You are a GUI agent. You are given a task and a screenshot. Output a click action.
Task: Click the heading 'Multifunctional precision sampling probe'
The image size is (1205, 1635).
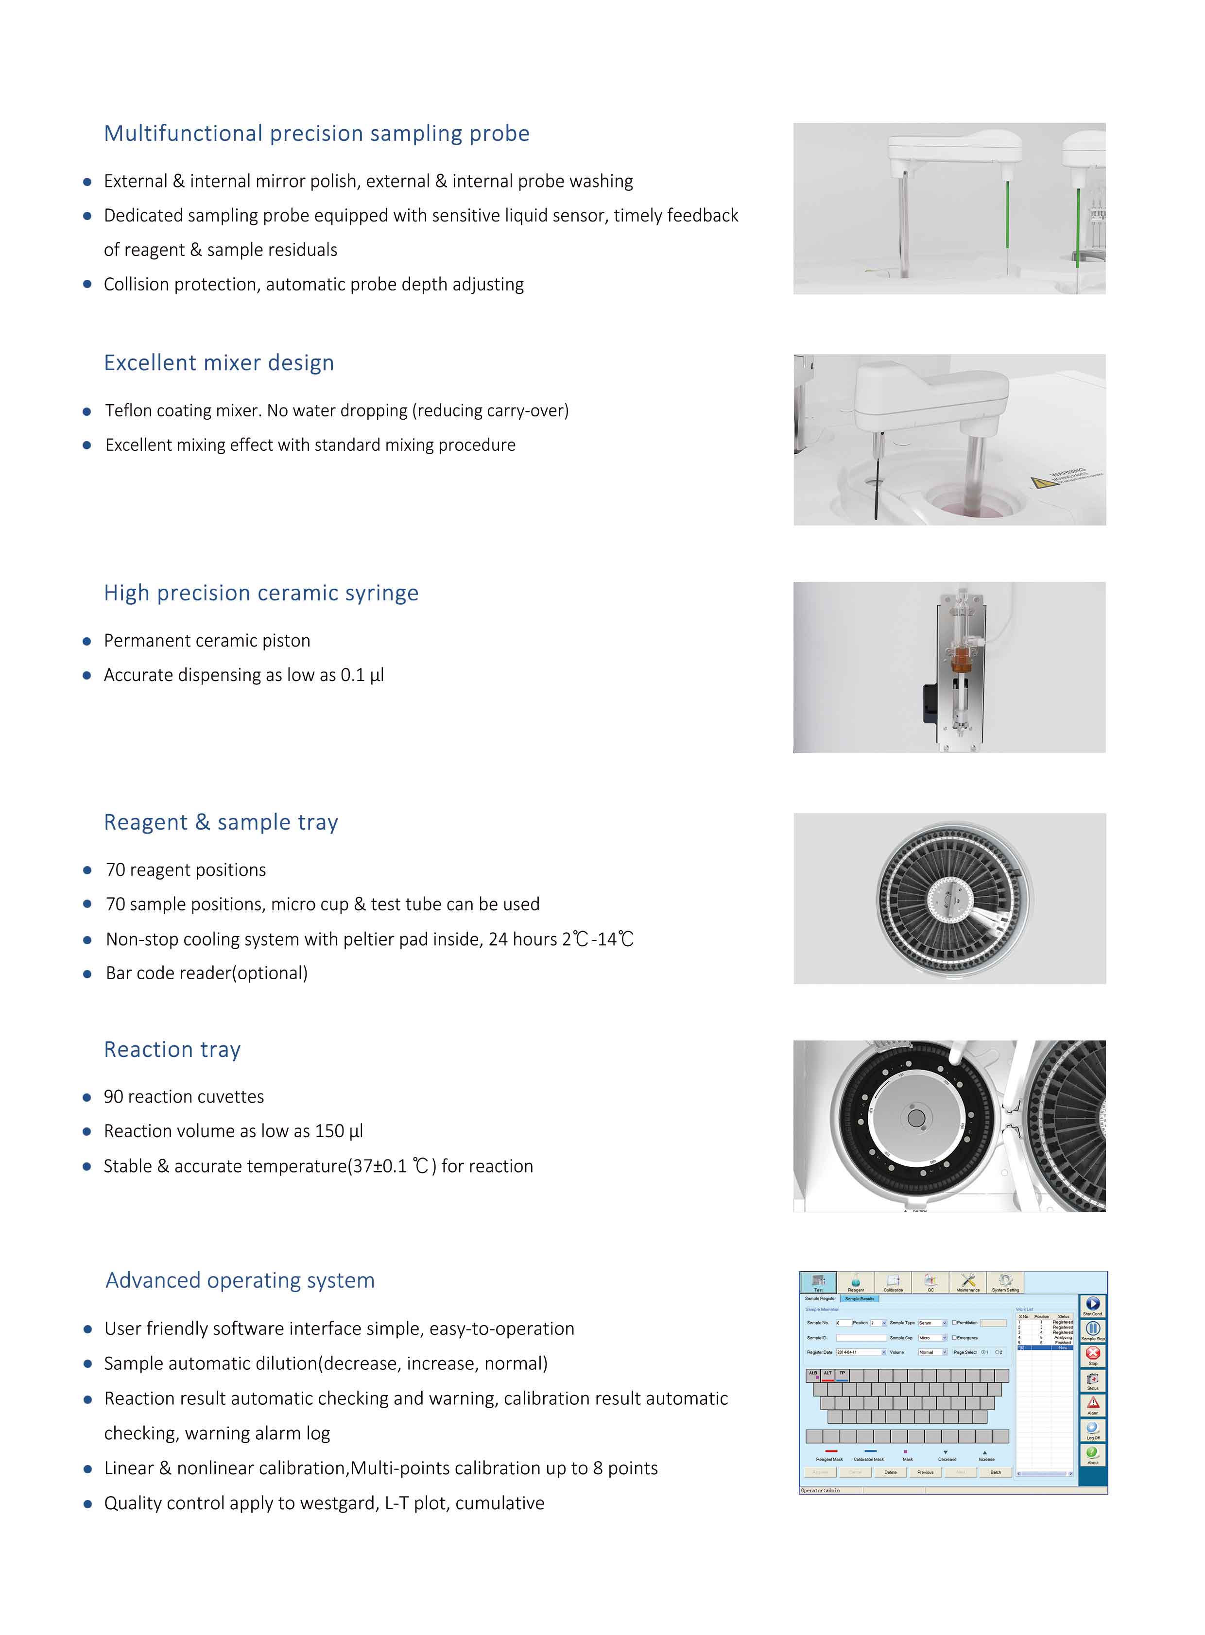tap(317, 134)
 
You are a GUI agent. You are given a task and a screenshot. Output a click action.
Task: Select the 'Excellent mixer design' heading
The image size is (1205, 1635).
tap(219, 362)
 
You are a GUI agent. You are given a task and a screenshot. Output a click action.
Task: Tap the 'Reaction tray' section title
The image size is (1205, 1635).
tap(172, 1049)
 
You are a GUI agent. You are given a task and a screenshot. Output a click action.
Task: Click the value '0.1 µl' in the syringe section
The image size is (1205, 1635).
tap(362, 675)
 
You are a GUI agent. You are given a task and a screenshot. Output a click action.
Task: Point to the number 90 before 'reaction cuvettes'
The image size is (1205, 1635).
tap(113, 1097)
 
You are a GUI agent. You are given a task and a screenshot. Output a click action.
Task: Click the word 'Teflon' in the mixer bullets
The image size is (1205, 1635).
tap(128, 410)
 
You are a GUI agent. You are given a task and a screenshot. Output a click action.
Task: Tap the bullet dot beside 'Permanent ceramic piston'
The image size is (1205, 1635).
tap(87, 641)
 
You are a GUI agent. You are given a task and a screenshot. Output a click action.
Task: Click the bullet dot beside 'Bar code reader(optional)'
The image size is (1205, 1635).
tap(87, 973)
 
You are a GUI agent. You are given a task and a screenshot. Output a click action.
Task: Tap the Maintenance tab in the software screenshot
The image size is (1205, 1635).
tap(968, 1282)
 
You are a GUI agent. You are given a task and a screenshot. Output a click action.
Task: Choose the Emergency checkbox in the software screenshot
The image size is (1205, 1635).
tap(954, 1338)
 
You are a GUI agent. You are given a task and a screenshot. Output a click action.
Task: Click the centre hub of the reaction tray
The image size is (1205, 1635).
tap(917, 1119)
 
